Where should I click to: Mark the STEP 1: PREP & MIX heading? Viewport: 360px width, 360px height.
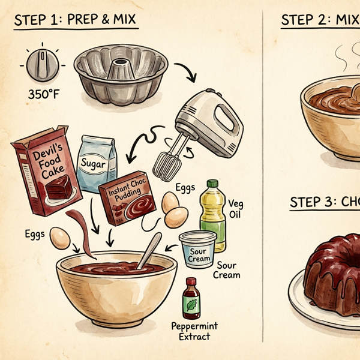(x=76, y=20)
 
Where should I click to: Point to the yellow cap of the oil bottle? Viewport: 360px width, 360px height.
(x=212, y=185)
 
